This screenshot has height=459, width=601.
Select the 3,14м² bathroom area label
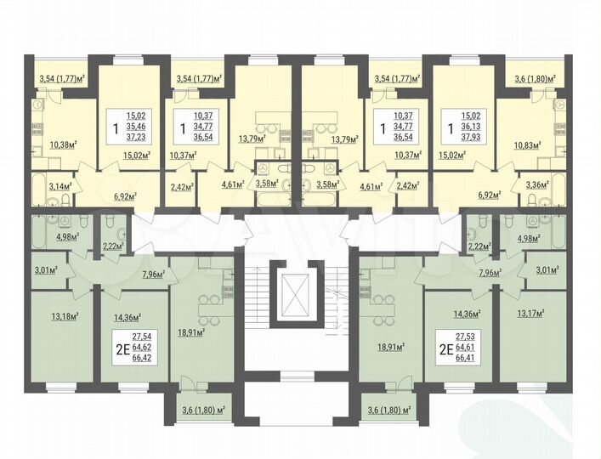point(59,185)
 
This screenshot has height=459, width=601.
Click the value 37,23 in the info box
point(137,136)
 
